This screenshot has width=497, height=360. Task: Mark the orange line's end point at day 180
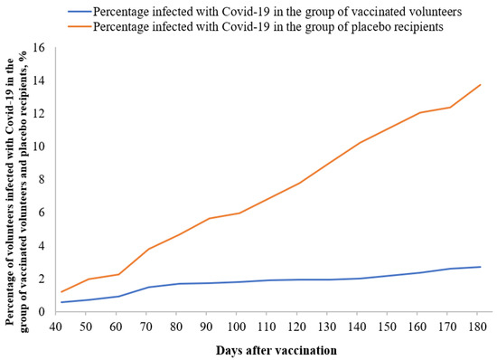tap(480, 84)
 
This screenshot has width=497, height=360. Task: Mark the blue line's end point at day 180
tap(480, 267)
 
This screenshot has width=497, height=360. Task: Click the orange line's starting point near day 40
tap(61, 292)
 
